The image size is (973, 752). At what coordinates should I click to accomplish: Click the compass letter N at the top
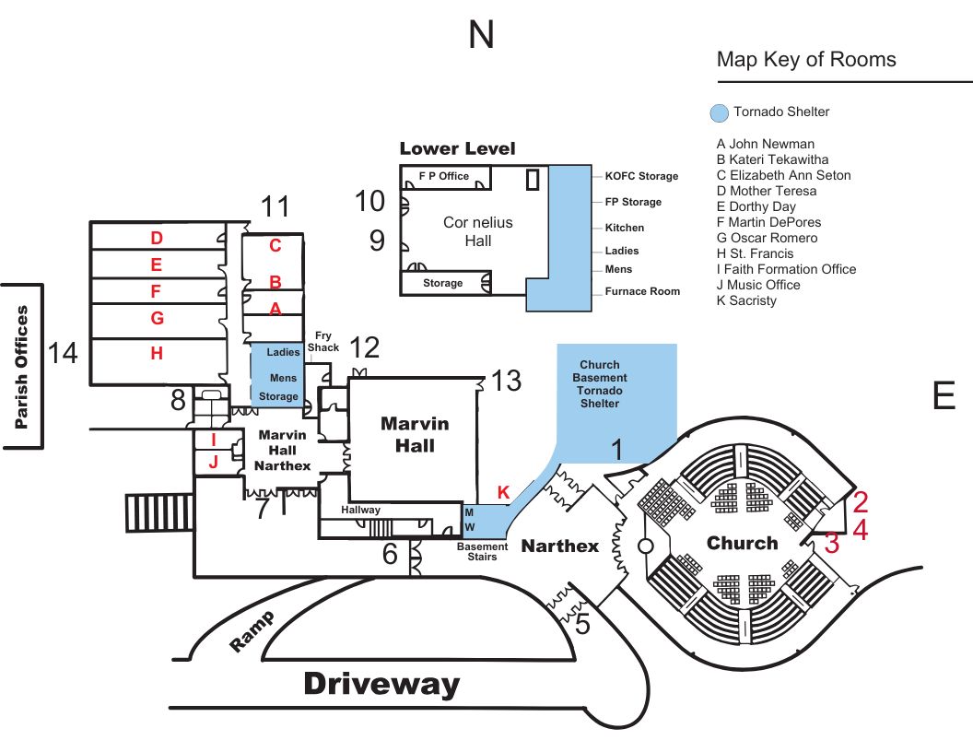pos(481,35)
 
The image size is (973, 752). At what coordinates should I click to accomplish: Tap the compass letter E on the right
pos(944,395)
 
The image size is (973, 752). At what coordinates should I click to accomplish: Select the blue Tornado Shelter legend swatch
pos(719,112)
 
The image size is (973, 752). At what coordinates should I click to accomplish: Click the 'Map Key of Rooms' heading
pos(806,60)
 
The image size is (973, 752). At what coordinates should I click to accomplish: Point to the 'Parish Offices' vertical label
pos(23,367)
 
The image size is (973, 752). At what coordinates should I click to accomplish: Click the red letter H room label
pos(157,353)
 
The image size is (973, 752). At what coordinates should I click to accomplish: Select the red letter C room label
pos(275,246)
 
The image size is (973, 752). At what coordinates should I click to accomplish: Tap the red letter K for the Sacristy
pos(503,492)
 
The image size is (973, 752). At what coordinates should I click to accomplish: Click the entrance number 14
pos(64,353)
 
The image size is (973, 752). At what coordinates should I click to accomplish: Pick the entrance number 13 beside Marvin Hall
pos(506,380)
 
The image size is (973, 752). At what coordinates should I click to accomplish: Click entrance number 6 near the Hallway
pos(391,554)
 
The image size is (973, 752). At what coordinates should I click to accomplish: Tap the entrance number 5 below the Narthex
pos(582,624)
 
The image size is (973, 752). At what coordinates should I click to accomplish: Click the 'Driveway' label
pos(381,684)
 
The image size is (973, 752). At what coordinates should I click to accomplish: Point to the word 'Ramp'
pos(252,631)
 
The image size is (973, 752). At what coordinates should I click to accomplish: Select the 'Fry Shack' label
pos(323,342)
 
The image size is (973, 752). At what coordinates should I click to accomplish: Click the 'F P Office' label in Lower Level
pos(443,175)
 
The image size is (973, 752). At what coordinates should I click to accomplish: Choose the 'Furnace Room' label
pos(642,291)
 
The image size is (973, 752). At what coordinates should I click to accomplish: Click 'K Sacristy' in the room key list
pos(746,300)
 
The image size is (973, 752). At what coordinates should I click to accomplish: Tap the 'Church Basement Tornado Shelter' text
pos(600,384)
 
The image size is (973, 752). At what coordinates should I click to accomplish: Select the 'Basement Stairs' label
pos(483,552)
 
